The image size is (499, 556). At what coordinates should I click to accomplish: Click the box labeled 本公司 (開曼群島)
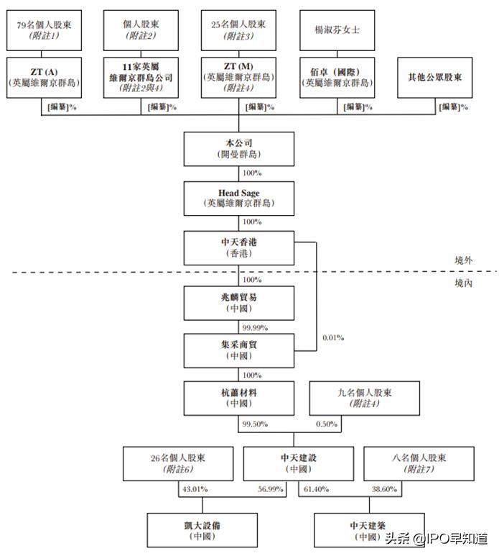coord(239,149)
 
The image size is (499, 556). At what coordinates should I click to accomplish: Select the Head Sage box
coord(239,198)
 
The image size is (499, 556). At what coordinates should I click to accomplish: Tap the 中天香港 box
coord(239,247)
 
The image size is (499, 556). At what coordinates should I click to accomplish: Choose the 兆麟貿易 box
coord(239,302)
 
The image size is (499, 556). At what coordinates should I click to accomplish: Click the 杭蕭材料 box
coord(239,398)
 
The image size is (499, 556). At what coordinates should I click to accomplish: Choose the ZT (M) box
coord(238,77)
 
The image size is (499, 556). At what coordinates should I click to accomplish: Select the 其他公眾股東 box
coord(435,77)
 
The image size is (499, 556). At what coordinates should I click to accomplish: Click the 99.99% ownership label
coord(255,327)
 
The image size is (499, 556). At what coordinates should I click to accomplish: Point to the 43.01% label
coord(195,489)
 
